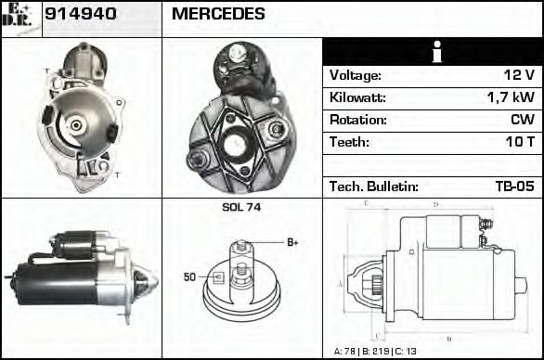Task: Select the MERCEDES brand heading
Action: click(218, 15)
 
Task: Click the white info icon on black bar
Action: click(432, 52)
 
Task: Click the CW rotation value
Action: click(523, 121)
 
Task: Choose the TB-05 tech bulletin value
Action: click(514, 187)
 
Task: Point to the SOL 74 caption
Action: click(241, 208)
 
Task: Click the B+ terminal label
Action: click(291, 242)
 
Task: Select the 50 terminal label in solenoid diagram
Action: click(189, 276)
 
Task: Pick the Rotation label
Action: click(356, 121)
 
